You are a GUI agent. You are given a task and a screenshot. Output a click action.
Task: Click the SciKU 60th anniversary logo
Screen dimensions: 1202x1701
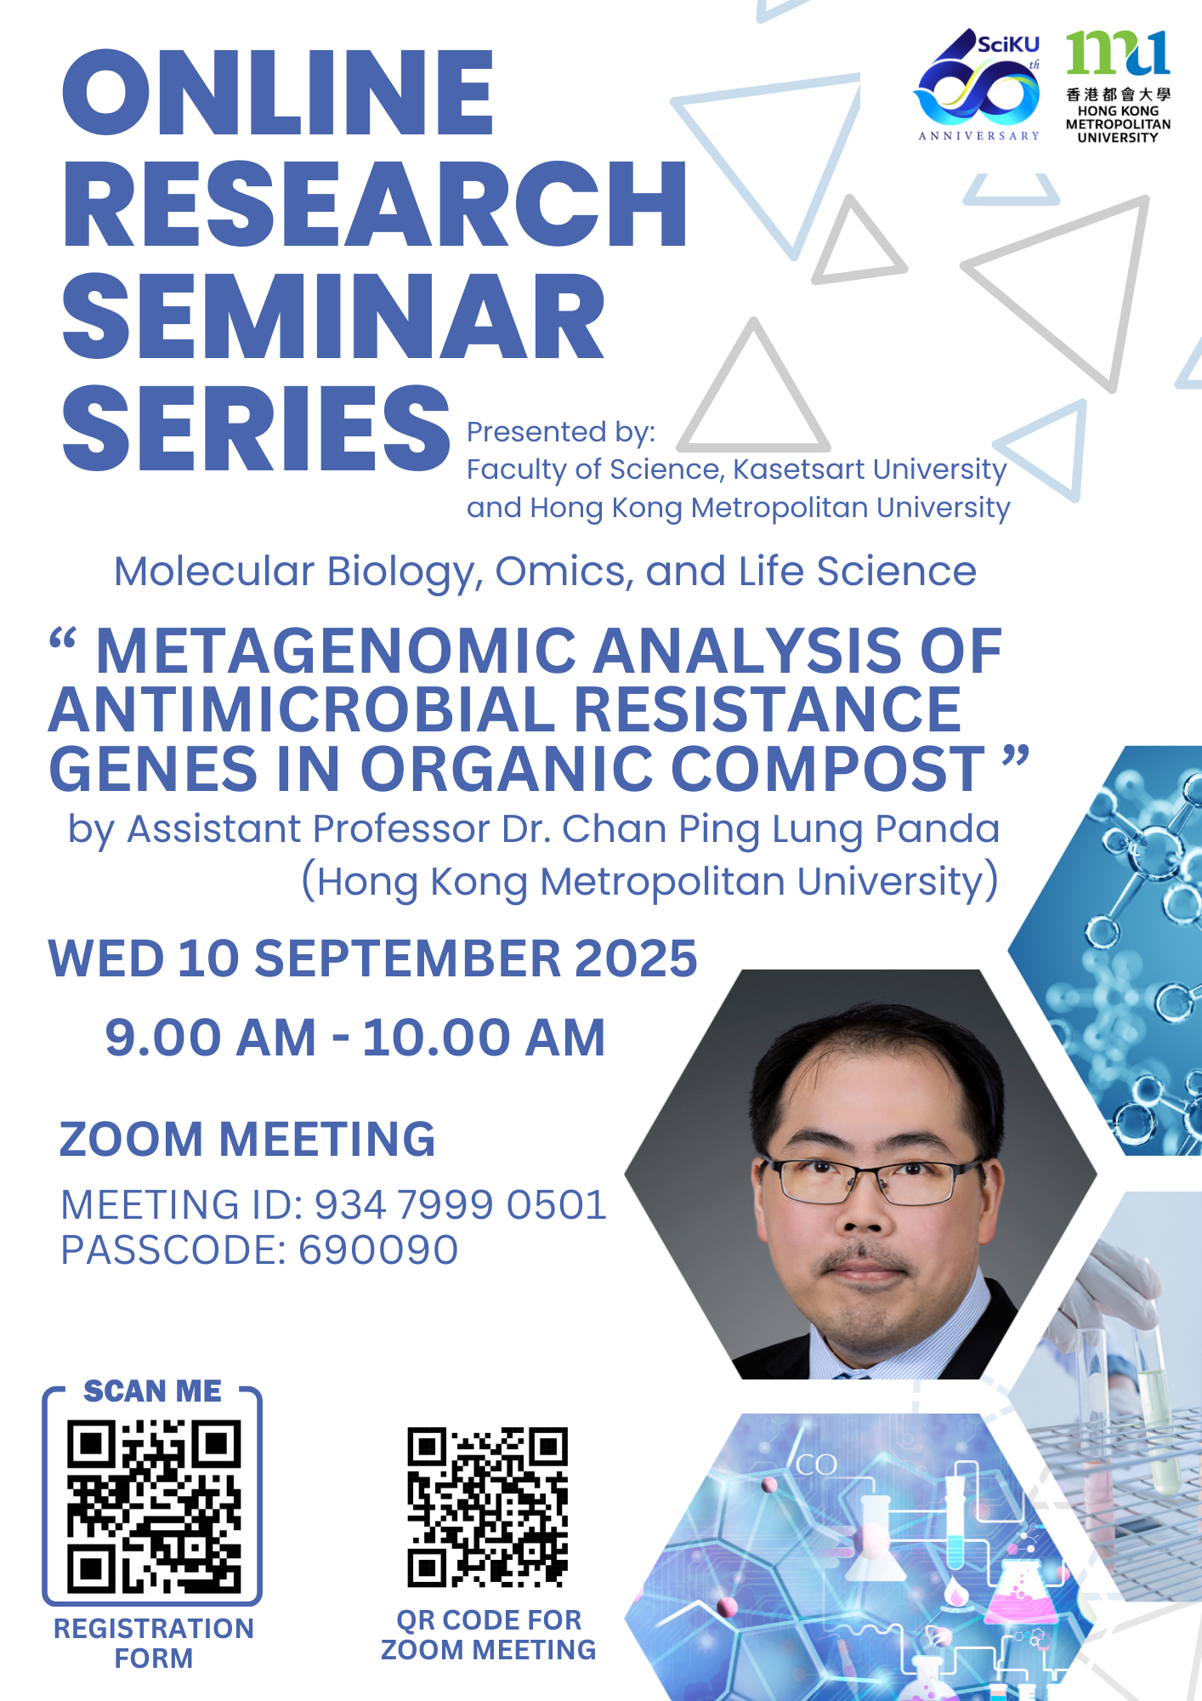[x=978, y=85]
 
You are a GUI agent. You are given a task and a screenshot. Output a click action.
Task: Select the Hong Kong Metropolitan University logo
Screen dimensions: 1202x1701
[x=1118, y=86]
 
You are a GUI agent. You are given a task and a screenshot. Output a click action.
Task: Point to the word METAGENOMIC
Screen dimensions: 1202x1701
[x=337, y=651]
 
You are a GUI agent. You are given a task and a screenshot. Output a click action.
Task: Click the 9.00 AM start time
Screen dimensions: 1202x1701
[x=211, y=1038]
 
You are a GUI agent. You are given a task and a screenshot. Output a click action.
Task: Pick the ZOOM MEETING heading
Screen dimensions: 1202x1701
[x=247, y=1139]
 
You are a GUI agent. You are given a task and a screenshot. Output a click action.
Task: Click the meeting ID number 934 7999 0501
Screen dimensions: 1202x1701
[x=461, y=1204]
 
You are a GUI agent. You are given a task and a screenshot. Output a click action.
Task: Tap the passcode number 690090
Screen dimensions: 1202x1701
[x=378, y=1249]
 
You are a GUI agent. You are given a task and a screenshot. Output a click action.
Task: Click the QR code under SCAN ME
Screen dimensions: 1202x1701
[x=154, y=1506]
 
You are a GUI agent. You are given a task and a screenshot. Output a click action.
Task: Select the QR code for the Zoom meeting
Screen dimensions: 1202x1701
[x=488, y=1507]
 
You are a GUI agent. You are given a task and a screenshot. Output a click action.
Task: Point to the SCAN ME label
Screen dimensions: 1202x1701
[x=152, y=1391]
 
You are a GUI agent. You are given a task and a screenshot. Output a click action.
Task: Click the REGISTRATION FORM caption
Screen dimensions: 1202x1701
[x=154, y=1643]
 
